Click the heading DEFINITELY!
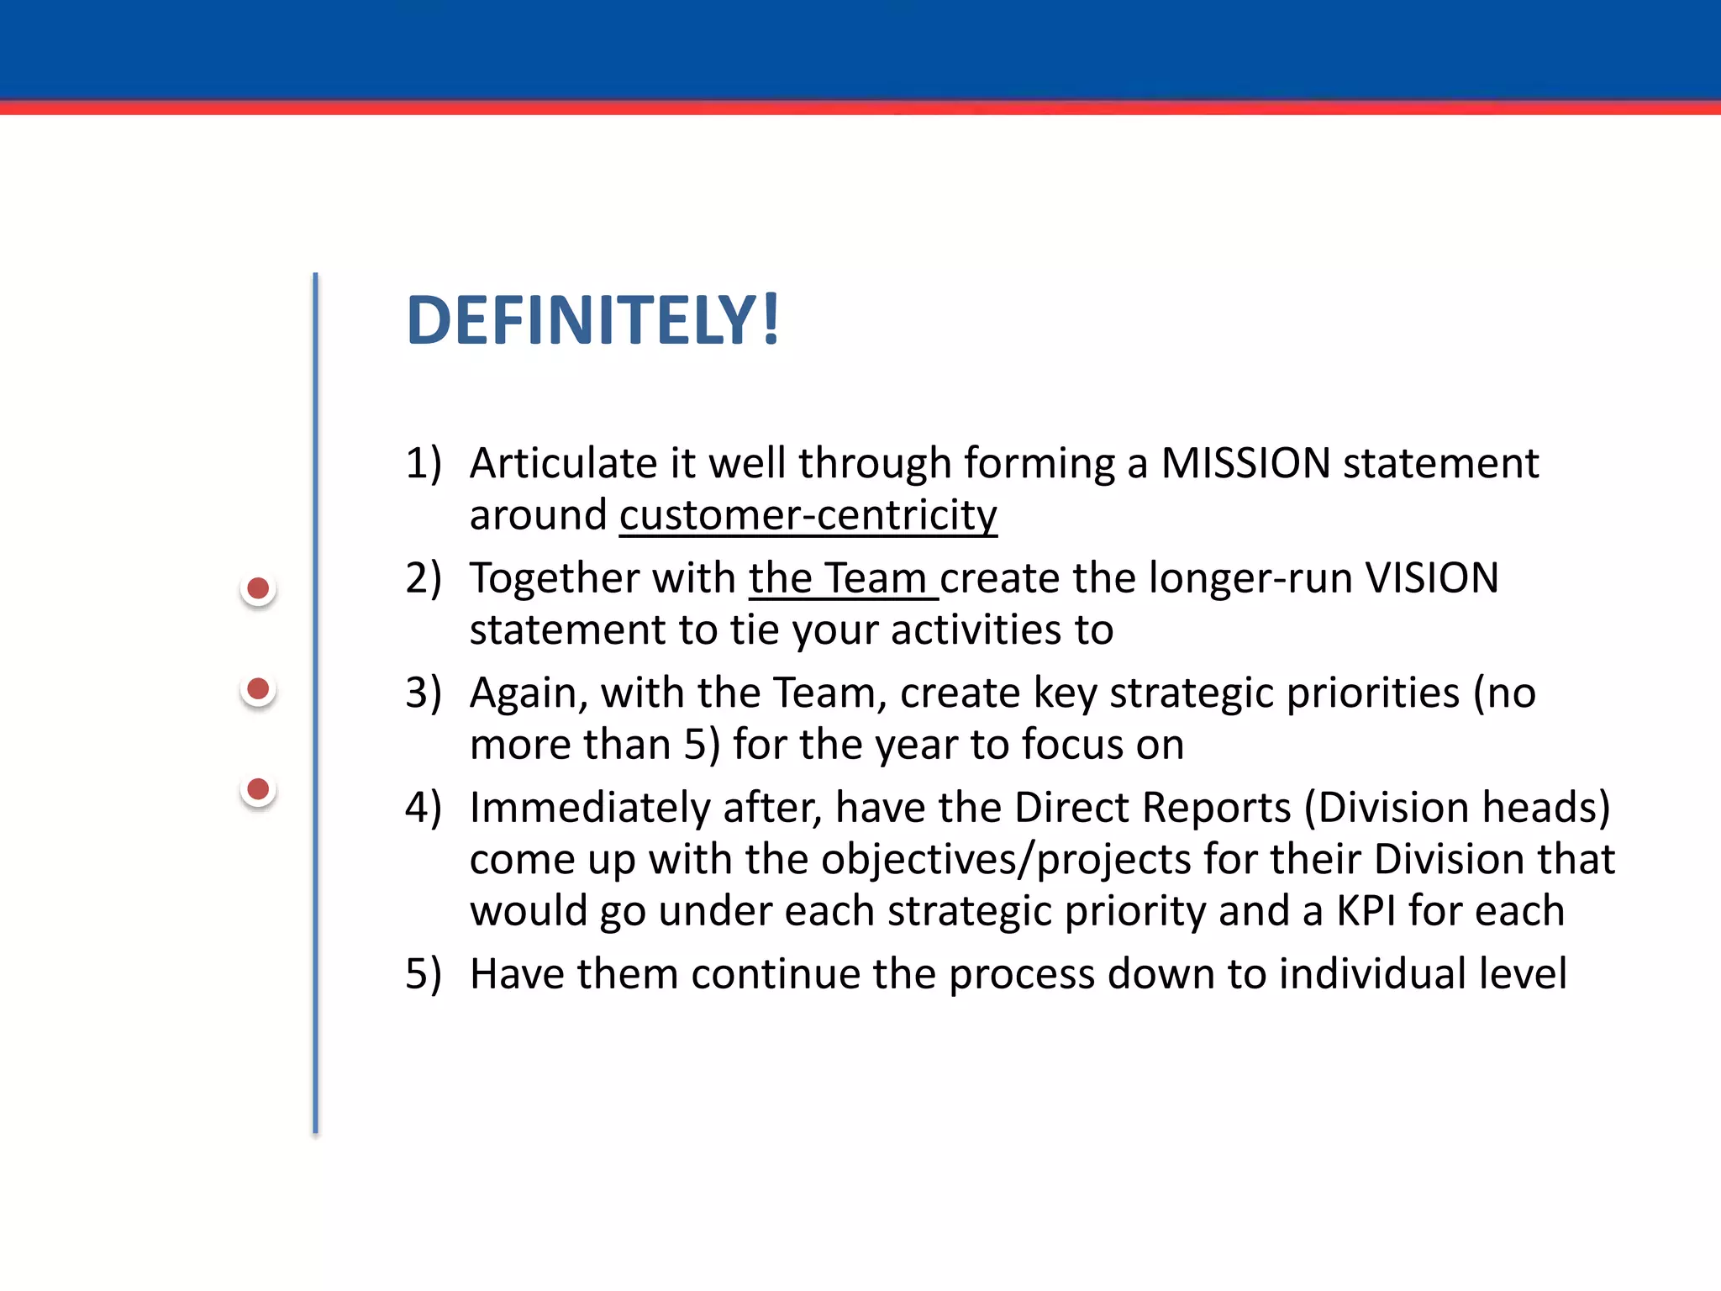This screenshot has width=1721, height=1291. coord(593,320)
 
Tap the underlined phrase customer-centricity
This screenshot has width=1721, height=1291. coord(808,515)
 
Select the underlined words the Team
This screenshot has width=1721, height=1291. coord(842,578)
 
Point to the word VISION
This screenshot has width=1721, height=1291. coord(1432,578)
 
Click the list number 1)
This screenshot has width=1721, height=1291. coord(423,463)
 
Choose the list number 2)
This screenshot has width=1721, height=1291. coord(423,578)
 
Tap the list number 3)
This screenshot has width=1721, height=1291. coord(423,693)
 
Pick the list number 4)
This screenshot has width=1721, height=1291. coord(423,808)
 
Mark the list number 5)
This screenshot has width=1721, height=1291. coord(423,974)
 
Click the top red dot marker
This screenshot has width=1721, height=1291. coord(259,588)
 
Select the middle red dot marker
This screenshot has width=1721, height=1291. coord(259,689)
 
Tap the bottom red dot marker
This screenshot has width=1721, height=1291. coord(259,789)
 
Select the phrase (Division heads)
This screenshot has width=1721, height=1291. coord(1456,808)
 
